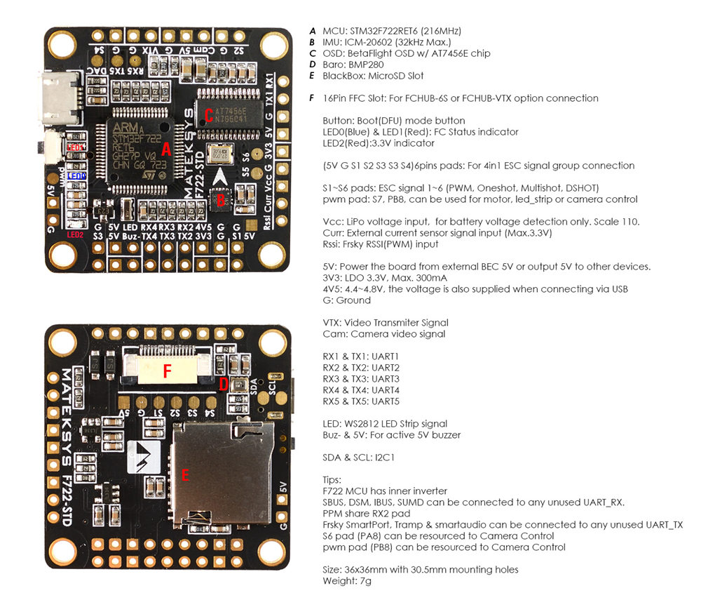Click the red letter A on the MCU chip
tap(165, 149)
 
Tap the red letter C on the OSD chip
tap(208, 114)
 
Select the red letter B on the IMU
tap(221, 199)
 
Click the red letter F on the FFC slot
tap(166, 371)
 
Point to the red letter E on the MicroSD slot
tap(185, 475)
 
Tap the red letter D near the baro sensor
tap(224, 384)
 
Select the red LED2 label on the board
tap(74, 234)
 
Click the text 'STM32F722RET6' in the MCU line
tap(383, 31)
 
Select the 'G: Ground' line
tap(347, 300)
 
